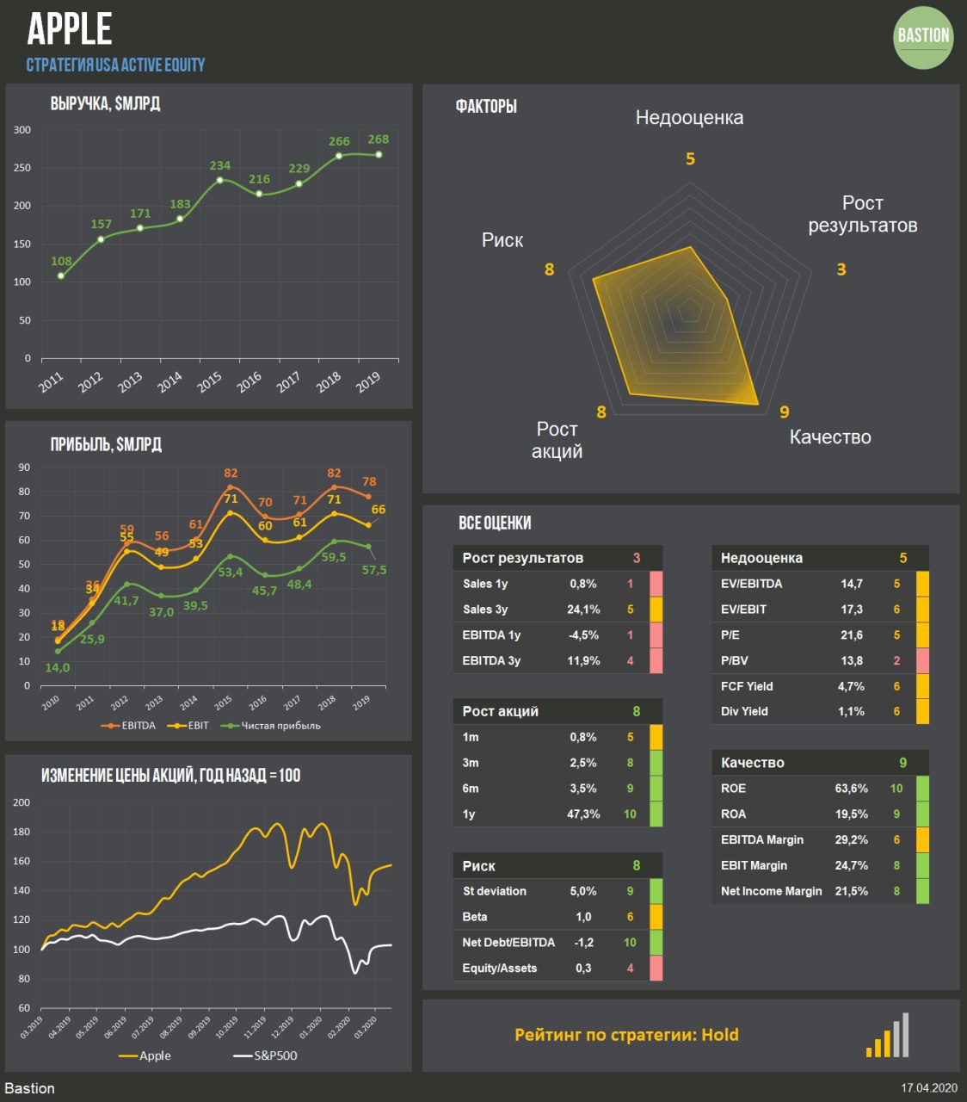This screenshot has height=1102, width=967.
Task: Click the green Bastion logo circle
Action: [923, 37]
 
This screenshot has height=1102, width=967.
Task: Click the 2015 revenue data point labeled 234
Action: [220, 180]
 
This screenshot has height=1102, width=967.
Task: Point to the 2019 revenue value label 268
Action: [378, 139]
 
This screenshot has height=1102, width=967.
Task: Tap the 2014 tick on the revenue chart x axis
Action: [170, 381]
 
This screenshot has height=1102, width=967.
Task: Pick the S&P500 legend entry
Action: [266, 1056]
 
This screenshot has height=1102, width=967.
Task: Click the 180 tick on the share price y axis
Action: [22, 832]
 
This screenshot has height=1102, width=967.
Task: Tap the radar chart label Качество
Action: [830, 437]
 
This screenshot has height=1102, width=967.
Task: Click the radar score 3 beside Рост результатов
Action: [841, 269]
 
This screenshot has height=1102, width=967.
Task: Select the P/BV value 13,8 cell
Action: [852, 660]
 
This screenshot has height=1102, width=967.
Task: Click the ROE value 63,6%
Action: [851, 788]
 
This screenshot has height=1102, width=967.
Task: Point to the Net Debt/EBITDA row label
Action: [508, 943]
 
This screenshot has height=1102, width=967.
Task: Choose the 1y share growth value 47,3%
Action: [583, 814]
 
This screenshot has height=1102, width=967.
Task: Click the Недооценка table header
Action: [761, 558]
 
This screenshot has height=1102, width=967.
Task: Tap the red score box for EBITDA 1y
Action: [656, 635]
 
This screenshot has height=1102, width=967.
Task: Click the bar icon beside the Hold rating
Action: [888, 1036]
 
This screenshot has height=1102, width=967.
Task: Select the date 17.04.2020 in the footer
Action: [929, 1088]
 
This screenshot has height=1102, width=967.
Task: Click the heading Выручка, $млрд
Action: [105, 104]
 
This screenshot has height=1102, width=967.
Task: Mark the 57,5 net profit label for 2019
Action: [373, 570]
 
